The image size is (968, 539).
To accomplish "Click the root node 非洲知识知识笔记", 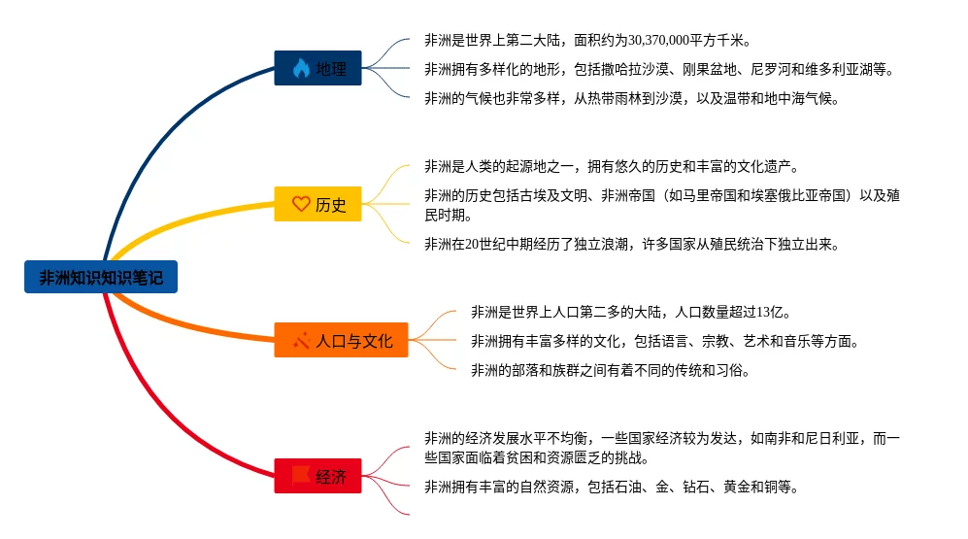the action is click(x=101, y=278).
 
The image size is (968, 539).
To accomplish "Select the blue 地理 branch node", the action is click(x=317, y=68).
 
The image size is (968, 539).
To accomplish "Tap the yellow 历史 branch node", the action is click(x=317, y=205).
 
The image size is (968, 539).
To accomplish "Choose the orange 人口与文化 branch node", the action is click(x=341, y=340).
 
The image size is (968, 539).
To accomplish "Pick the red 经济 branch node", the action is click(x=317, y=476).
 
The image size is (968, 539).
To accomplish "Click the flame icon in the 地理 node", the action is click(x=300, y=68).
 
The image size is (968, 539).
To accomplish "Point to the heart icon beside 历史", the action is click(x=301, y=205).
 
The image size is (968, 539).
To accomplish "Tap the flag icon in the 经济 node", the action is click(x=300, y=476).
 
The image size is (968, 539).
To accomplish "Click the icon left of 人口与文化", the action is click(x=300, y=340).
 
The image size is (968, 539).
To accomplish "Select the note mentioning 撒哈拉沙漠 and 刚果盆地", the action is click(x=657, y=69).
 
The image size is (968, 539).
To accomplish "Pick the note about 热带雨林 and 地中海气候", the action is click(x=630, y=98).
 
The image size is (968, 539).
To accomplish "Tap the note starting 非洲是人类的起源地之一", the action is click(x=611, y=166).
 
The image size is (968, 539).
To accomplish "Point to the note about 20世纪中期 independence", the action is click(x=630, y=244).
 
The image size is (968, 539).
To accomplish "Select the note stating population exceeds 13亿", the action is click(x=631, y=312).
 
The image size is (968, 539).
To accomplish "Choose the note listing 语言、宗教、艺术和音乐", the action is click(x=664, y=341).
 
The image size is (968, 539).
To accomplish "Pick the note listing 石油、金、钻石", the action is click(x=611, y=487).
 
